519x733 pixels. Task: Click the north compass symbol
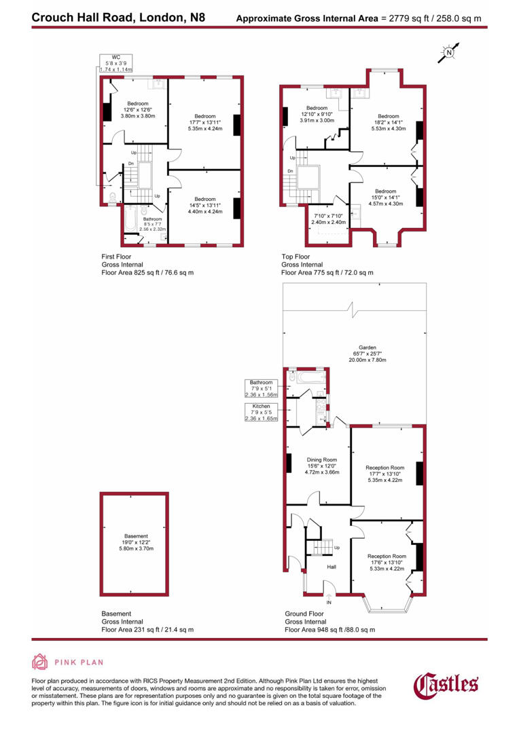(449, 52)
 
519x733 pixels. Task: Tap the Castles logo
(446, 684)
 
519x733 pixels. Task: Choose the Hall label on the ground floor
(332, 566)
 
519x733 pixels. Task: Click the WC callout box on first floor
(115, 63)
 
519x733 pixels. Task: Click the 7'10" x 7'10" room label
(329, 218)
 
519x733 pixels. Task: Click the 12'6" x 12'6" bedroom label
(139, 109)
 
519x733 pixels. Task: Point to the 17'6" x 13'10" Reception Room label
(386, 562)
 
